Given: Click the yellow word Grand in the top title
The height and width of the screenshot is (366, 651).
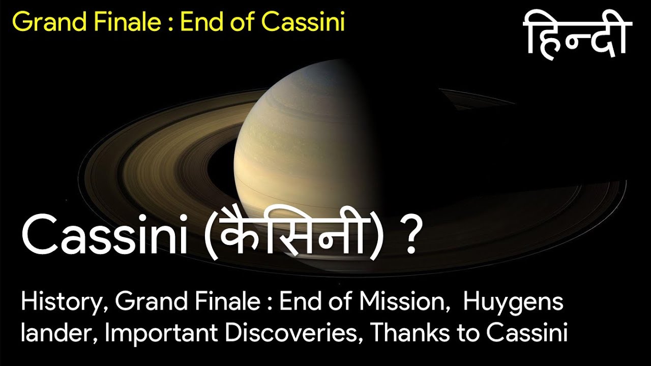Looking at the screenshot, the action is [x=49, y=21].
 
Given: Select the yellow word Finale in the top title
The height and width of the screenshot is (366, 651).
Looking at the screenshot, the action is [x=127, y=21].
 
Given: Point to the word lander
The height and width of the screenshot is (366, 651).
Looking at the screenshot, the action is [x=60, y=333].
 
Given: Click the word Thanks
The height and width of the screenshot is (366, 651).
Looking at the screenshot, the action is [x=410, y=332].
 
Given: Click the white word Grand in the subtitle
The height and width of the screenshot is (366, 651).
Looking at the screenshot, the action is [x=151, y=302].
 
